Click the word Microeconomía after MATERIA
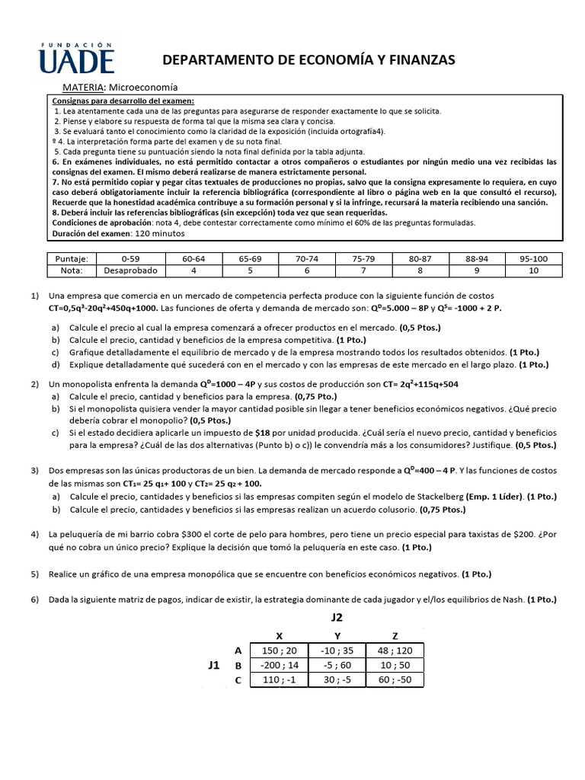coord(144,88)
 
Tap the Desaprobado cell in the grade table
coord(126,270)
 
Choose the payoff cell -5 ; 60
coord(336,665)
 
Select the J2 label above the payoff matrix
coord(335,618)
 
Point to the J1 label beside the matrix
coord(214,665)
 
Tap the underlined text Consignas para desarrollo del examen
coord(123,101)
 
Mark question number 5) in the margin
coord(35,574)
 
